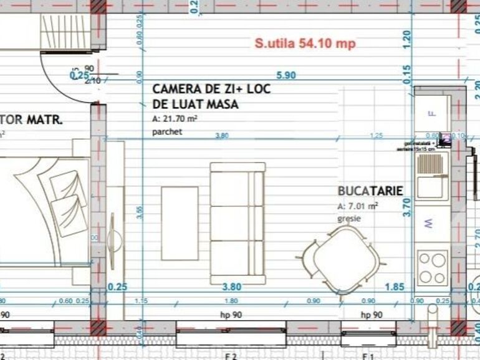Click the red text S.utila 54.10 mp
pos(300,44)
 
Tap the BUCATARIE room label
pos(370,191)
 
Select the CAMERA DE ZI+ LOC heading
pos(212,89)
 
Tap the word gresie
pos(349,219)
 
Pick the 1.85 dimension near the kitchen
pos(394,287)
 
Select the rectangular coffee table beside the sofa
pos(180,223)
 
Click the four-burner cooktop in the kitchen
pos(432,267)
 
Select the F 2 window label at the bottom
pos(231,356)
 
